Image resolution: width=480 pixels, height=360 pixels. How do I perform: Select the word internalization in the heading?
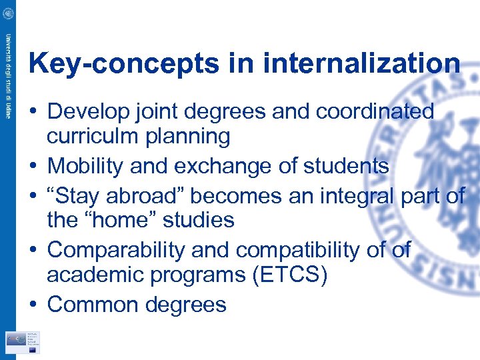(x=362, y=63)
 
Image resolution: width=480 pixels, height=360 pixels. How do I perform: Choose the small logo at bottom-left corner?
(x=23, y=341)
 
